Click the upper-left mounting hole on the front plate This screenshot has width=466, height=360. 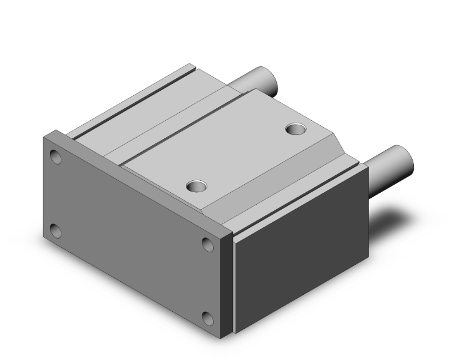click(56, 156)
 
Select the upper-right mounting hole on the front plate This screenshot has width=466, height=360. click(208, 244)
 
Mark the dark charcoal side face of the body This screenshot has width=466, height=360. click(301, 250)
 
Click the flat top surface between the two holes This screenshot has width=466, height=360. click(244, 157)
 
